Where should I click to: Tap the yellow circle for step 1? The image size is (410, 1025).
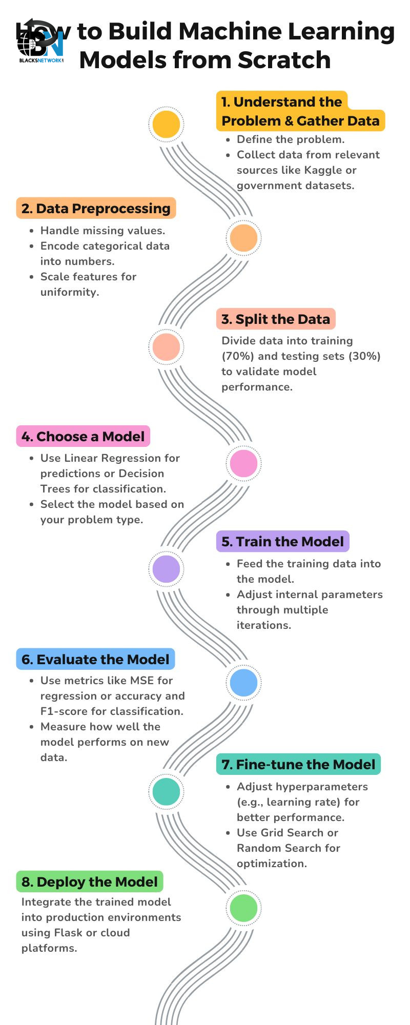click(x=167, y=124)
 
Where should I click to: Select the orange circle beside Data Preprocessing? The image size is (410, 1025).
click(x=243, y=238)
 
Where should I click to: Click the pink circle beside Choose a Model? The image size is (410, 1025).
click(x=243, y=463)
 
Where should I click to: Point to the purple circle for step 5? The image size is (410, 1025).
click(x=167, y=569)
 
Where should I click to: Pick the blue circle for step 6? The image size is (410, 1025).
click(x=243, y=683)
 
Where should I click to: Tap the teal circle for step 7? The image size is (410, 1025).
click(x=167, y=791)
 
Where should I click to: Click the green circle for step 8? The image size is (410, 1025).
click(x=243, y=908)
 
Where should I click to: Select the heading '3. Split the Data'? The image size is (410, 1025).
click(x=276, y=319)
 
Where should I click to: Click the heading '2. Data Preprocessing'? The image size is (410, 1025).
click(x=96, y=209)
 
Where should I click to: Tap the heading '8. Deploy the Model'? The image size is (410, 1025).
click(x=90, y=881)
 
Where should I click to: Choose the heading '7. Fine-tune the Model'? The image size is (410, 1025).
click(x=298, y=764)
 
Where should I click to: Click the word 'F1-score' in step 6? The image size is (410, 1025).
click(x=64, y=711)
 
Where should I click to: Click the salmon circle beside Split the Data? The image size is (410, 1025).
click(x=167, y=347)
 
